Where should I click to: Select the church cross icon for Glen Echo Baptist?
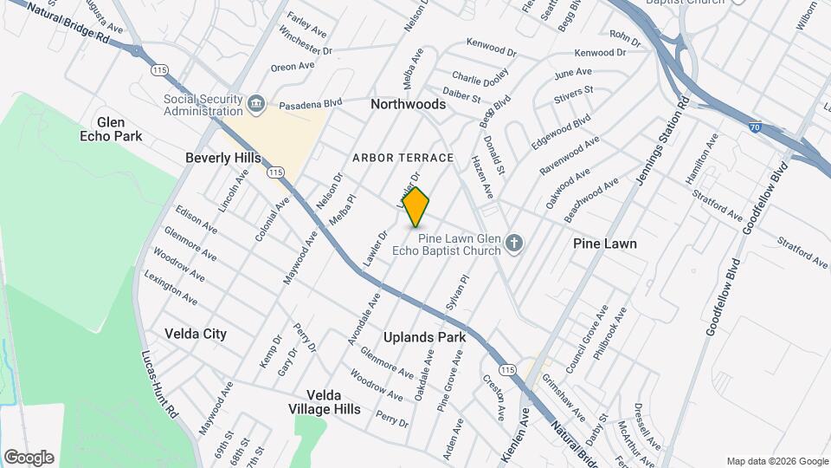coord(515,243)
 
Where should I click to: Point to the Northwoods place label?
coord(408,104)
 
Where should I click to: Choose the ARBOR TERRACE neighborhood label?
coord(403,158)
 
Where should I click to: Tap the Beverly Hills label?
coord(223,159)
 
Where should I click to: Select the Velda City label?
coord(196,334)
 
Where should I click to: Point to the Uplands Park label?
coord(425,337)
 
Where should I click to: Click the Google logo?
coord(29,458)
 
